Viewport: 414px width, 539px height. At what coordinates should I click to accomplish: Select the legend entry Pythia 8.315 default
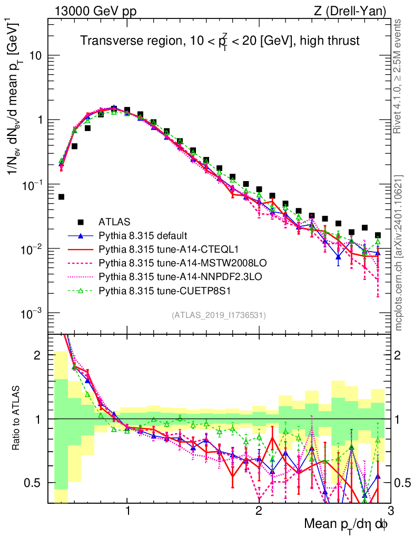pyautogui.click(x=143, y=235)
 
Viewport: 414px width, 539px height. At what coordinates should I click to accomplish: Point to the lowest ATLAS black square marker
pyautogui.click(x=61, y=197)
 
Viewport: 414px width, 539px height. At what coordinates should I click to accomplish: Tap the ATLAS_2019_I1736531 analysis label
pyautogui.click(x=219, y=315)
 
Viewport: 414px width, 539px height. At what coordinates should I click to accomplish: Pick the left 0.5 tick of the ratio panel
pyautogui.click(x=36, y=483)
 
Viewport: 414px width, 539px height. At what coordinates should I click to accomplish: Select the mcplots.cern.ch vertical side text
pyautogui.click(x=400, y=253)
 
